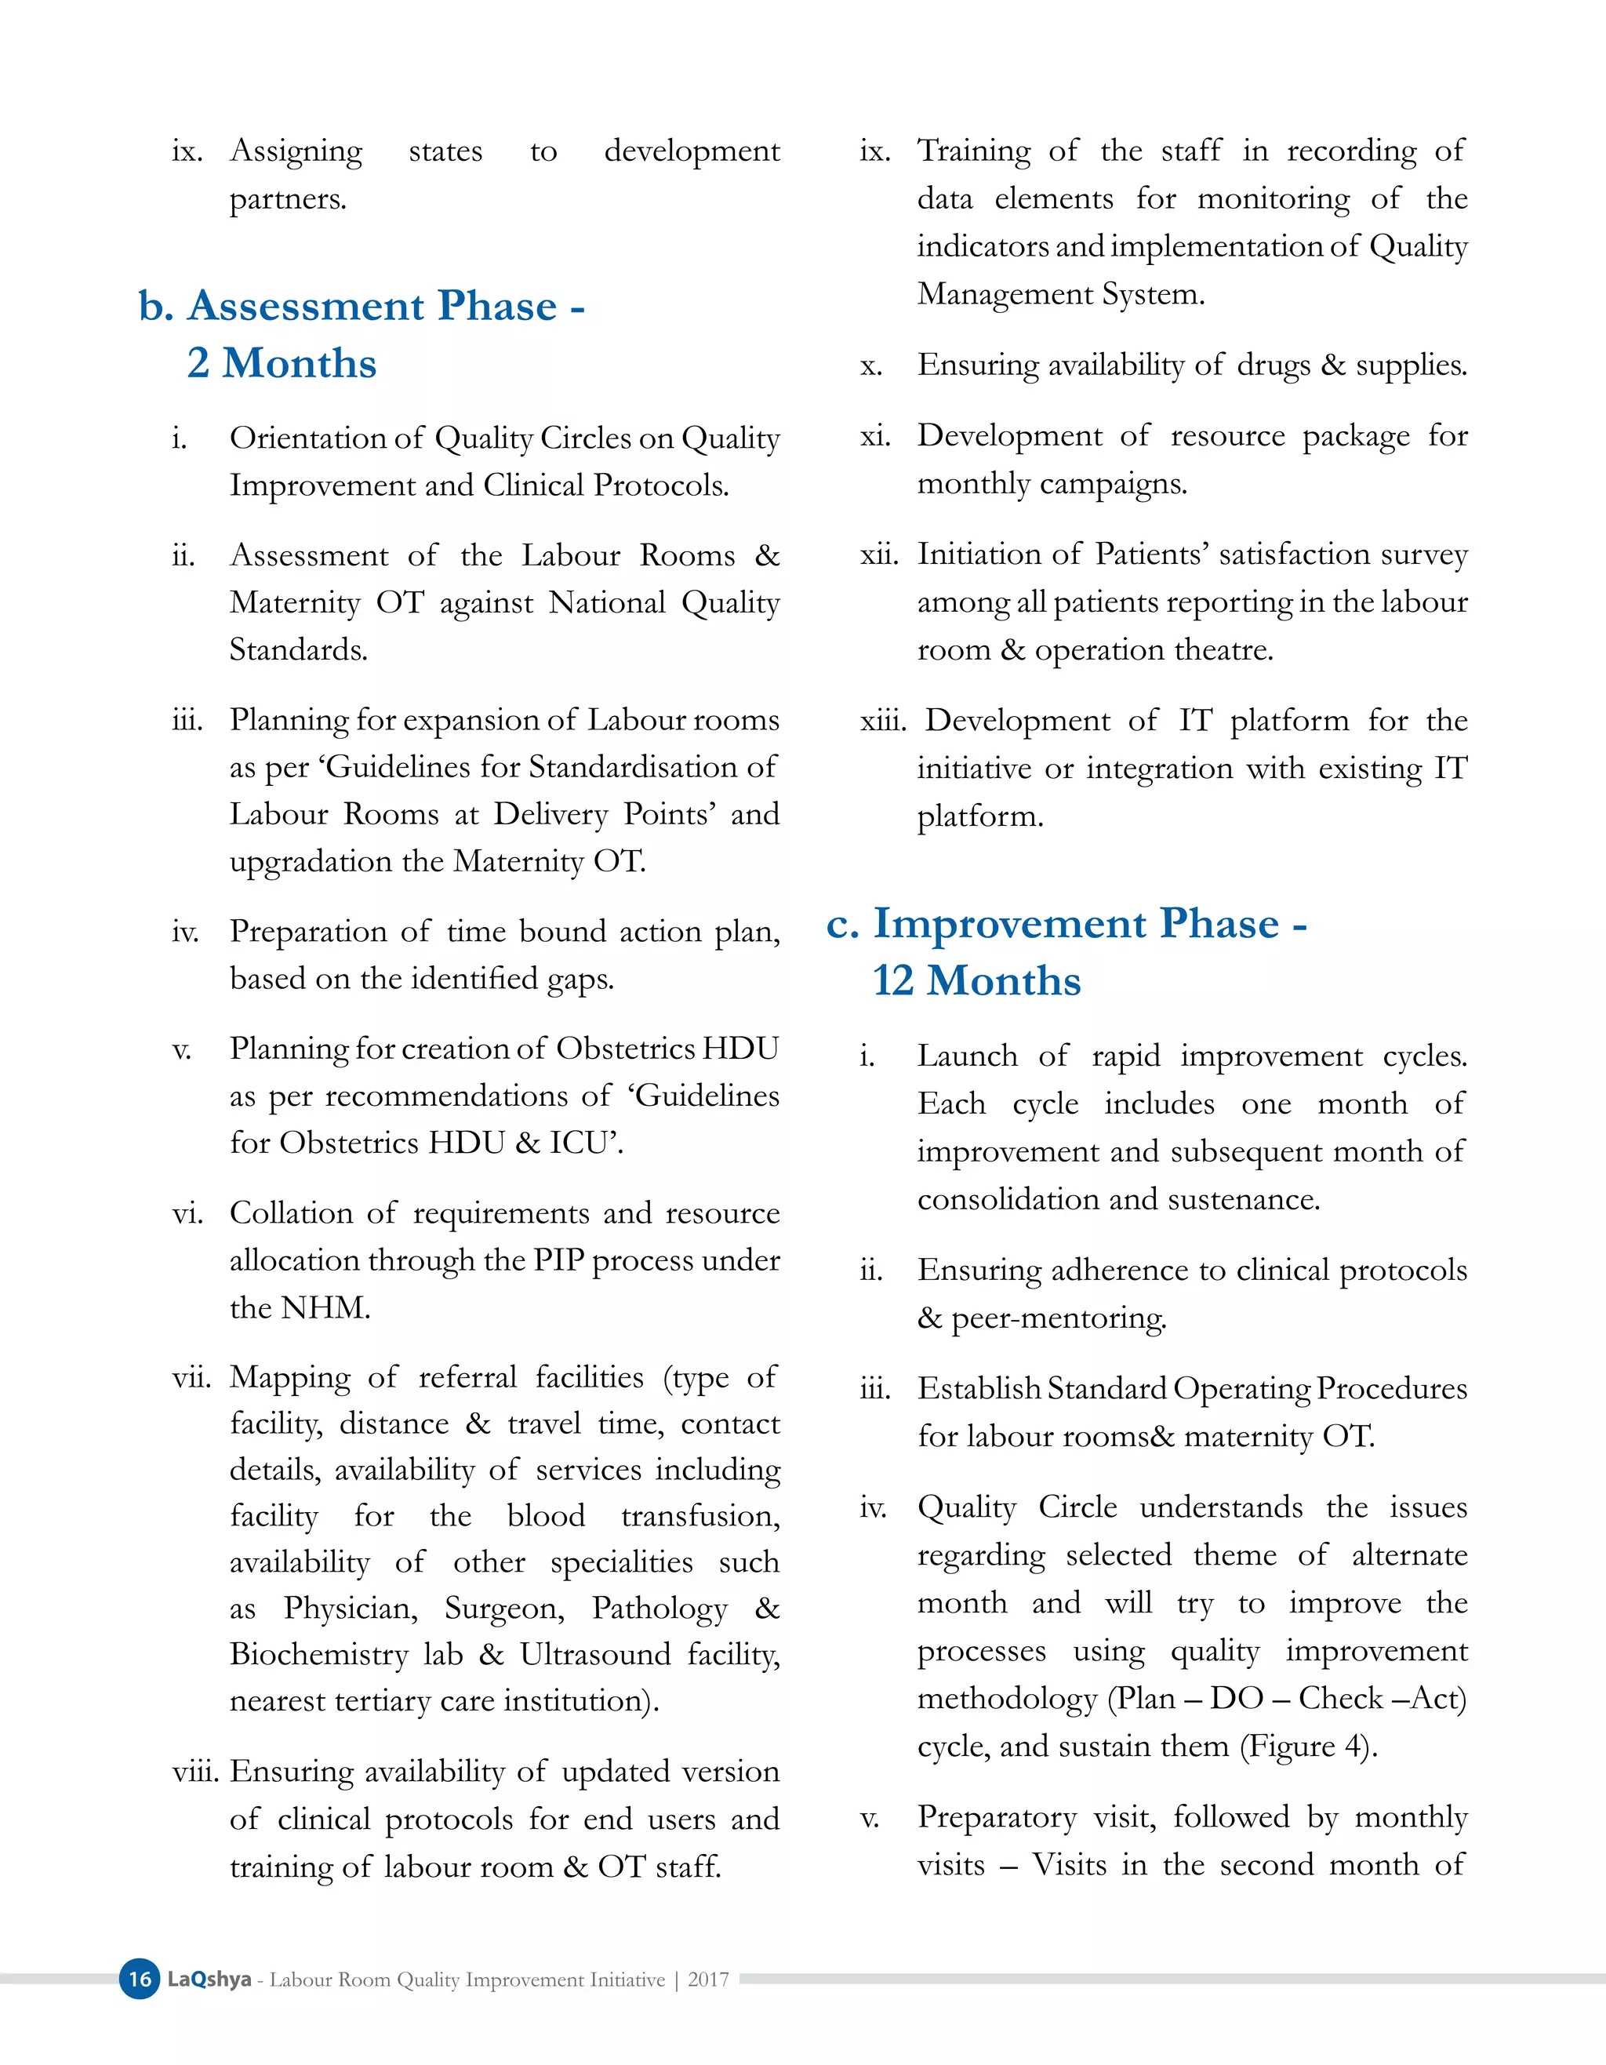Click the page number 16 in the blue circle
click(x=140, y=1979)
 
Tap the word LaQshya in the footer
click(x=209, y=1979)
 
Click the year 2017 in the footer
click(x=708, y=1979)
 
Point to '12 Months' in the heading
click(x=976, y=980)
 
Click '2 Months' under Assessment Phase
click(x=282, y=364)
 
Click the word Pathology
click(x=659, y=1609)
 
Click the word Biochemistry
click(x=318, y=1655)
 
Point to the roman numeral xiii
click(x=882, y=722)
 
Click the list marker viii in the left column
click(x=194, y=1771)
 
